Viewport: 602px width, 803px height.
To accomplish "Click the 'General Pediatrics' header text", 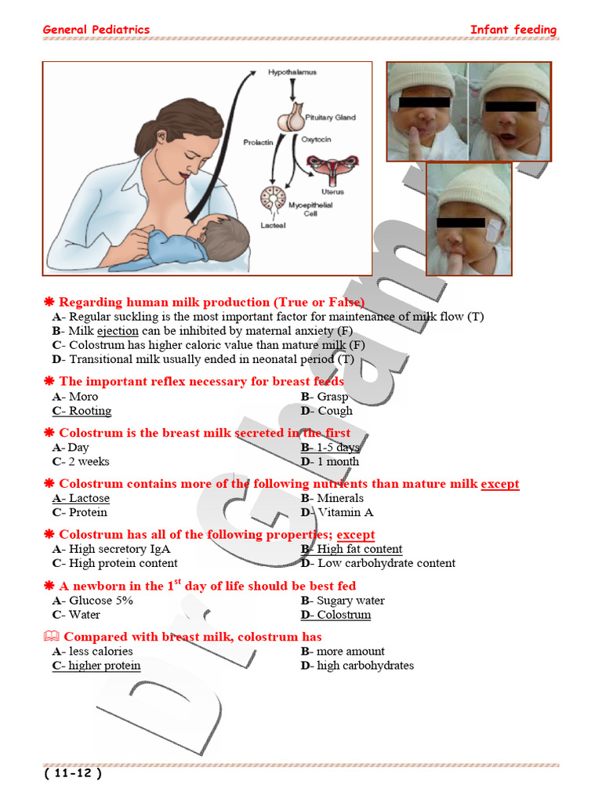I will [96, 30].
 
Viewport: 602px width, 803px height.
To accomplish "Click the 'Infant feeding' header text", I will [513, 30].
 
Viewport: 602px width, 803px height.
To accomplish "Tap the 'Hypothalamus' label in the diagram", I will [292, 72].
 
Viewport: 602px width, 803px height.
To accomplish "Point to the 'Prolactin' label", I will [257, 142].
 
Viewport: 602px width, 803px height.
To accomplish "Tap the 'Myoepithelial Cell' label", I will [310, 209].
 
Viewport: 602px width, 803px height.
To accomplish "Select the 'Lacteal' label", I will [273, 225].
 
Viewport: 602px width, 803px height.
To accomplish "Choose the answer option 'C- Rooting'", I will [82, 411].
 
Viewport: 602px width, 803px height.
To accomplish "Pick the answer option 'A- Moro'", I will [75, 397].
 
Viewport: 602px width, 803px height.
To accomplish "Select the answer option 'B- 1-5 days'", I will [330, 448].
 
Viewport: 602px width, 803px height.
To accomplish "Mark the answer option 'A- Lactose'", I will [81, 499].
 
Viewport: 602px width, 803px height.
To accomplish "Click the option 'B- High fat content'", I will [351, 550].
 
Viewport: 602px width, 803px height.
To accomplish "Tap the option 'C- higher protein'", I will [96, 666].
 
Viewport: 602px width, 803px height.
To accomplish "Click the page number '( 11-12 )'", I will [73, 773].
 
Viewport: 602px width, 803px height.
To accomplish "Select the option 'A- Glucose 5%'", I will [92, 601].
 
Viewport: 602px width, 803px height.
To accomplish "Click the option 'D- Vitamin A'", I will [337, 513].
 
